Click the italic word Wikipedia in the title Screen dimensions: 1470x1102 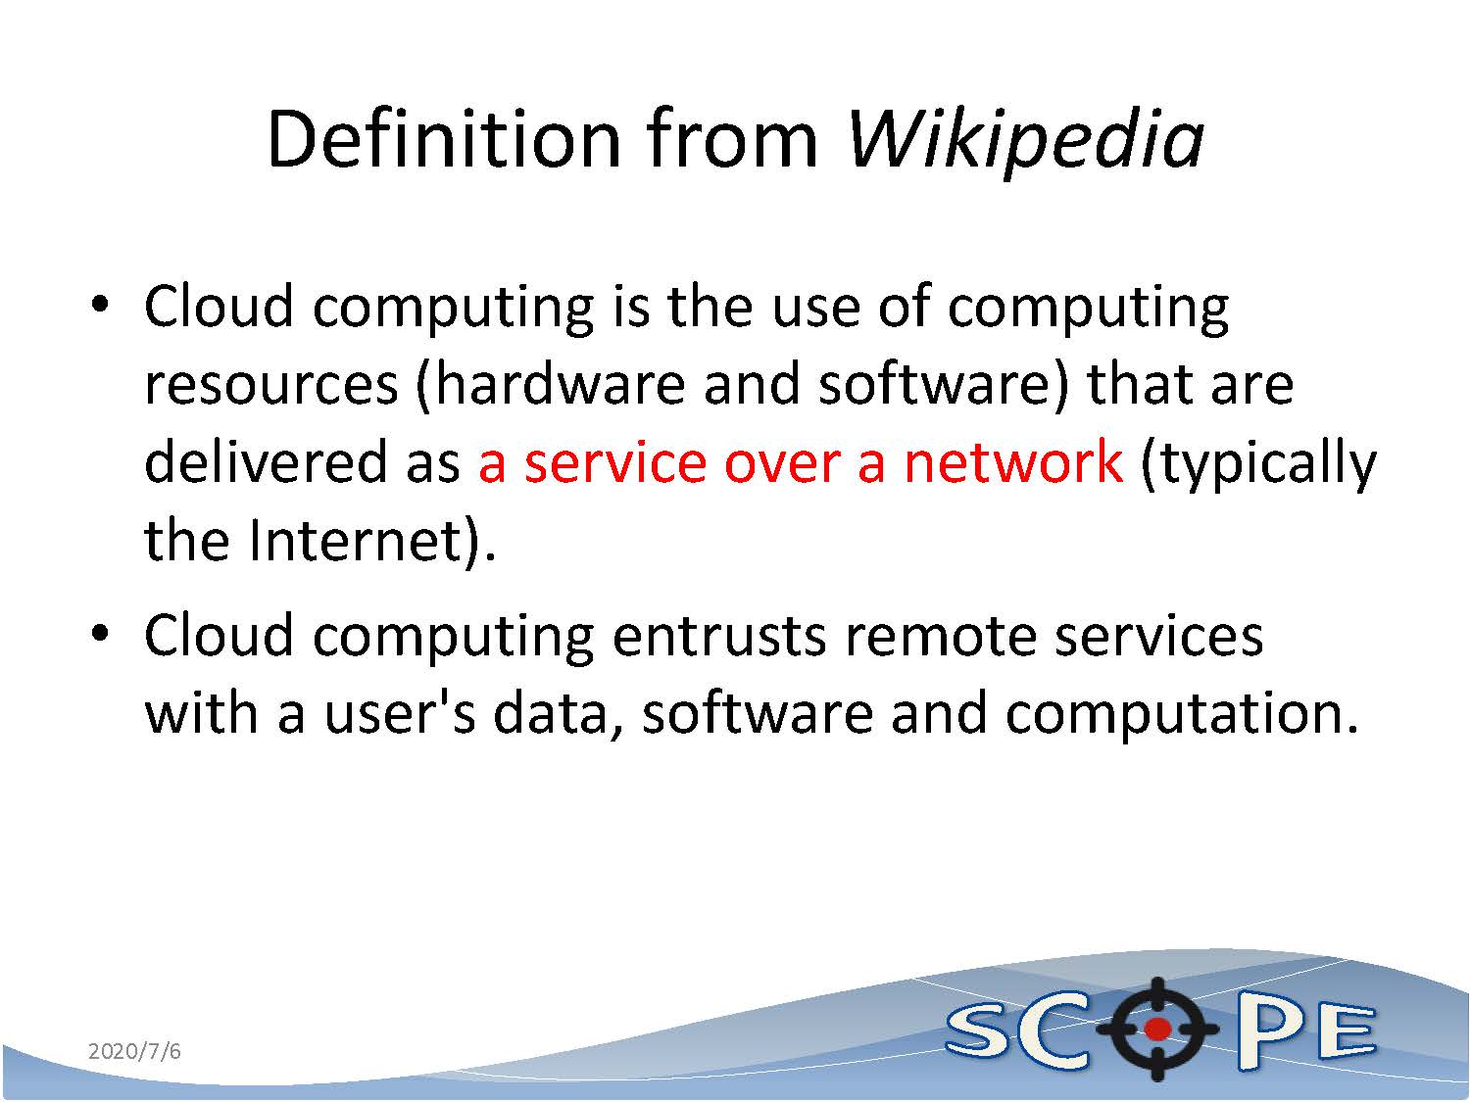[x=1025, y=141]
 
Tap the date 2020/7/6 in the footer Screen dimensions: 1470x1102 [x=134, y=1050]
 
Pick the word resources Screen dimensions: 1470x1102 [x=271, y=387]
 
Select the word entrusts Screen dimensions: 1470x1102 [x=718, y=636]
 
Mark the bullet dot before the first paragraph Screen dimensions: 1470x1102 [x=100, y=305]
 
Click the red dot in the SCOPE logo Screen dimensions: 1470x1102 [x=1156, y=1029]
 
